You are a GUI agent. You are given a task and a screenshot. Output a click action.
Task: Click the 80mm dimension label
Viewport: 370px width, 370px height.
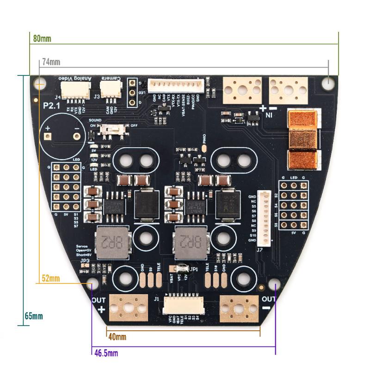click(42, 38)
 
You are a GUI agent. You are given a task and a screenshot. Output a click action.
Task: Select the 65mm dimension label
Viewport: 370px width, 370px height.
click(34, 316)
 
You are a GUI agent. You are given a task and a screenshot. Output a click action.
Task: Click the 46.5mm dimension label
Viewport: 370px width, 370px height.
click(106, 353)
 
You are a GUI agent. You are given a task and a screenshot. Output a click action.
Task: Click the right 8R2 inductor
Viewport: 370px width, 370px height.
click(191, 241)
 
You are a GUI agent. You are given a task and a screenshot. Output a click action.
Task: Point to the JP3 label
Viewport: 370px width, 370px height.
click(85, 261)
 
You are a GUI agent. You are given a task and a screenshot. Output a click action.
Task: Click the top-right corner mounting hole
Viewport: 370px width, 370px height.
click(328, 84)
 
